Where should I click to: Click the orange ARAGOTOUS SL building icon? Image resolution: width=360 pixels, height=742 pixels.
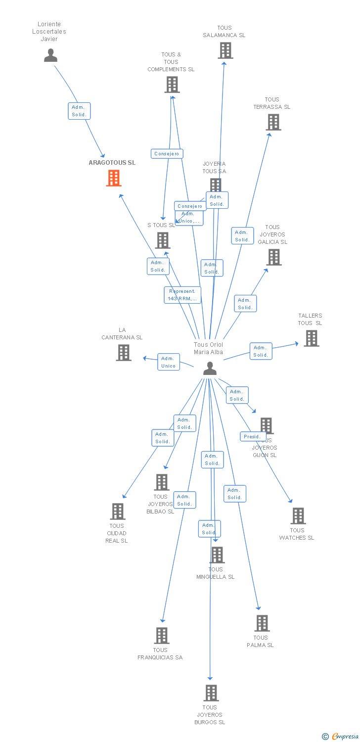pyautogui.click(x=114, y=178)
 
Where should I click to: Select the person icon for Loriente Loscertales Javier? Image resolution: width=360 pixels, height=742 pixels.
pyautogui.click(x=50, y=55)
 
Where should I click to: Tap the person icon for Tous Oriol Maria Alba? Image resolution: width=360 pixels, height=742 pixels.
pyautogui.click(x=210, y=369)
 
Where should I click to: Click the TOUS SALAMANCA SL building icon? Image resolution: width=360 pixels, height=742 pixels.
pyautogui.click(x=225, y=50)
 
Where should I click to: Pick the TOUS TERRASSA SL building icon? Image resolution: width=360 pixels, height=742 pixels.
pyautogui.click(x=273, y=122)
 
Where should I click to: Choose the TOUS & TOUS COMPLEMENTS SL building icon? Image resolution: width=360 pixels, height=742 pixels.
pyautogui.click(x=172, y=85)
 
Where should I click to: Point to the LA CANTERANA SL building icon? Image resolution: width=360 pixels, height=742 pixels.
pyautogui.click(x=124, y=353)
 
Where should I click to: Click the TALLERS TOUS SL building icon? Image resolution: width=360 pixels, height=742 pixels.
pyautogui.click(x=312, y=338)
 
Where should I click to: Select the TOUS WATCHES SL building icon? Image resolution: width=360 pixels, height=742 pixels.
pyautogui.click(x=298, y=516)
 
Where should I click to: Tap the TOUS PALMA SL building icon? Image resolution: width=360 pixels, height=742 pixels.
pyautogui.click(x=262, y=623)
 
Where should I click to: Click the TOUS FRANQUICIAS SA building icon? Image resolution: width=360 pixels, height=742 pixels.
pyautogui.click(x=162, y=636)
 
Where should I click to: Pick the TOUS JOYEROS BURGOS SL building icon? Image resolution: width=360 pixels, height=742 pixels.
pyautogui.click(x=211, y=693)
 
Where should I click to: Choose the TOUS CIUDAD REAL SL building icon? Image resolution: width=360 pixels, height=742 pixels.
pyautogui.click(x=118, y=511)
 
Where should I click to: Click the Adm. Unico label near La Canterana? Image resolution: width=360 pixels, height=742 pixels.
pyautogui.click(x=169, y=362)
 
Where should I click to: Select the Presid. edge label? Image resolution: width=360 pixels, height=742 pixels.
pyautogui.click(x=252, y=437)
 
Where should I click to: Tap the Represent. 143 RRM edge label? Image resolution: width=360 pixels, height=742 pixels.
pyautogui.click(x=182, y=295)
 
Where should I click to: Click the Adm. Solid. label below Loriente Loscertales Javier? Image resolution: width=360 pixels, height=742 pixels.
pyautogui.click(x=79, y=111)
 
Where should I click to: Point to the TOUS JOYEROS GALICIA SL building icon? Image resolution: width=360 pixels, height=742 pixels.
pyautogui.click(x=274, y=257)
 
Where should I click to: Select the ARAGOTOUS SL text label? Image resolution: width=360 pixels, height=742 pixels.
pyautogui.click(x=112, y=163)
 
